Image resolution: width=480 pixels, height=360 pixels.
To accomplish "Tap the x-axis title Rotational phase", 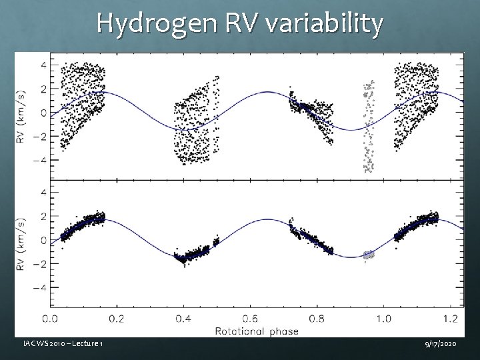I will tap(257, 330).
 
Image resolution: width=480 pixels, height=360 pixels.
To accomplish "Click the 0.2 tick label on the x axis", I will tap(116, 318).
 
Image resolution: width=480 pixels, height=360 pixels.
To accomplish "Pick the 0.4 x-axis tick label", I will tap(183, 318).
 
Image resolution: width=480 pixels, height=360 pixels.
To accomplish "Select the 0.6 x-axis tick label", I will tap(250, 318).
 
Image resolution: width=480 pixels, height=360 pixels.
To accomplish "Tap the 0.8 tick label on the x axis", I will tap(317, 318).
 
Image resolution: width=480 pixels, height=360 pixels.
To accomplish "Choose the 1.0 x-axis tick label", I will tap(383, 318).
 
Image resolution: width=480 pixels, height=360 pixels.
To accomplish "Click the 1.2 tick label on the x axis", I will tap(450, 318).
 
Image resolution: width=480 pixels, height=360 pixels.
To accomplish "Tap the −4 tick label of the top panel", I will tap(41, 161).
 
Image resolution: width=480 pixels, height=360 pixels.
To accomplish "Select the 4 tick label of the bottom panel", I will tap(44, 193).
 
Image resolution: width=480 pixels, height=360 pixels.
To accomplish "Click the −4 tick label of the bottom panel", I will tap(41, 288).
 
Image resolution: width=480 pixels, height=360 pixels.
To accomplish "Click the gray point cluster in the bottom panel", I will tap(368, 254).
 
